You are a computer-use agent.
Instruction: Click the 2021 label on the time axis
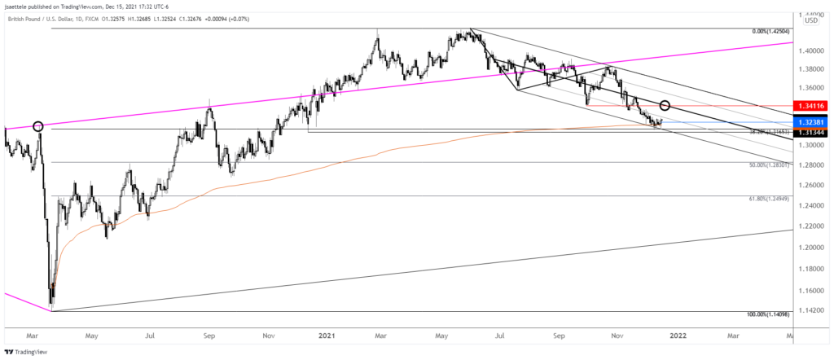coord(327,334)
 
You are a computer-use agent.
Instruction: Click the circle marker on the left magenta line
coord(37,126)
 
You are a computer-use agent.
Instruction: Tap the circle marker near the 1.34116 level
coord(665,105)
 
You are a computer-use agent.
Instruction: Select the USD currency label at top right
coord(811,20)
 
